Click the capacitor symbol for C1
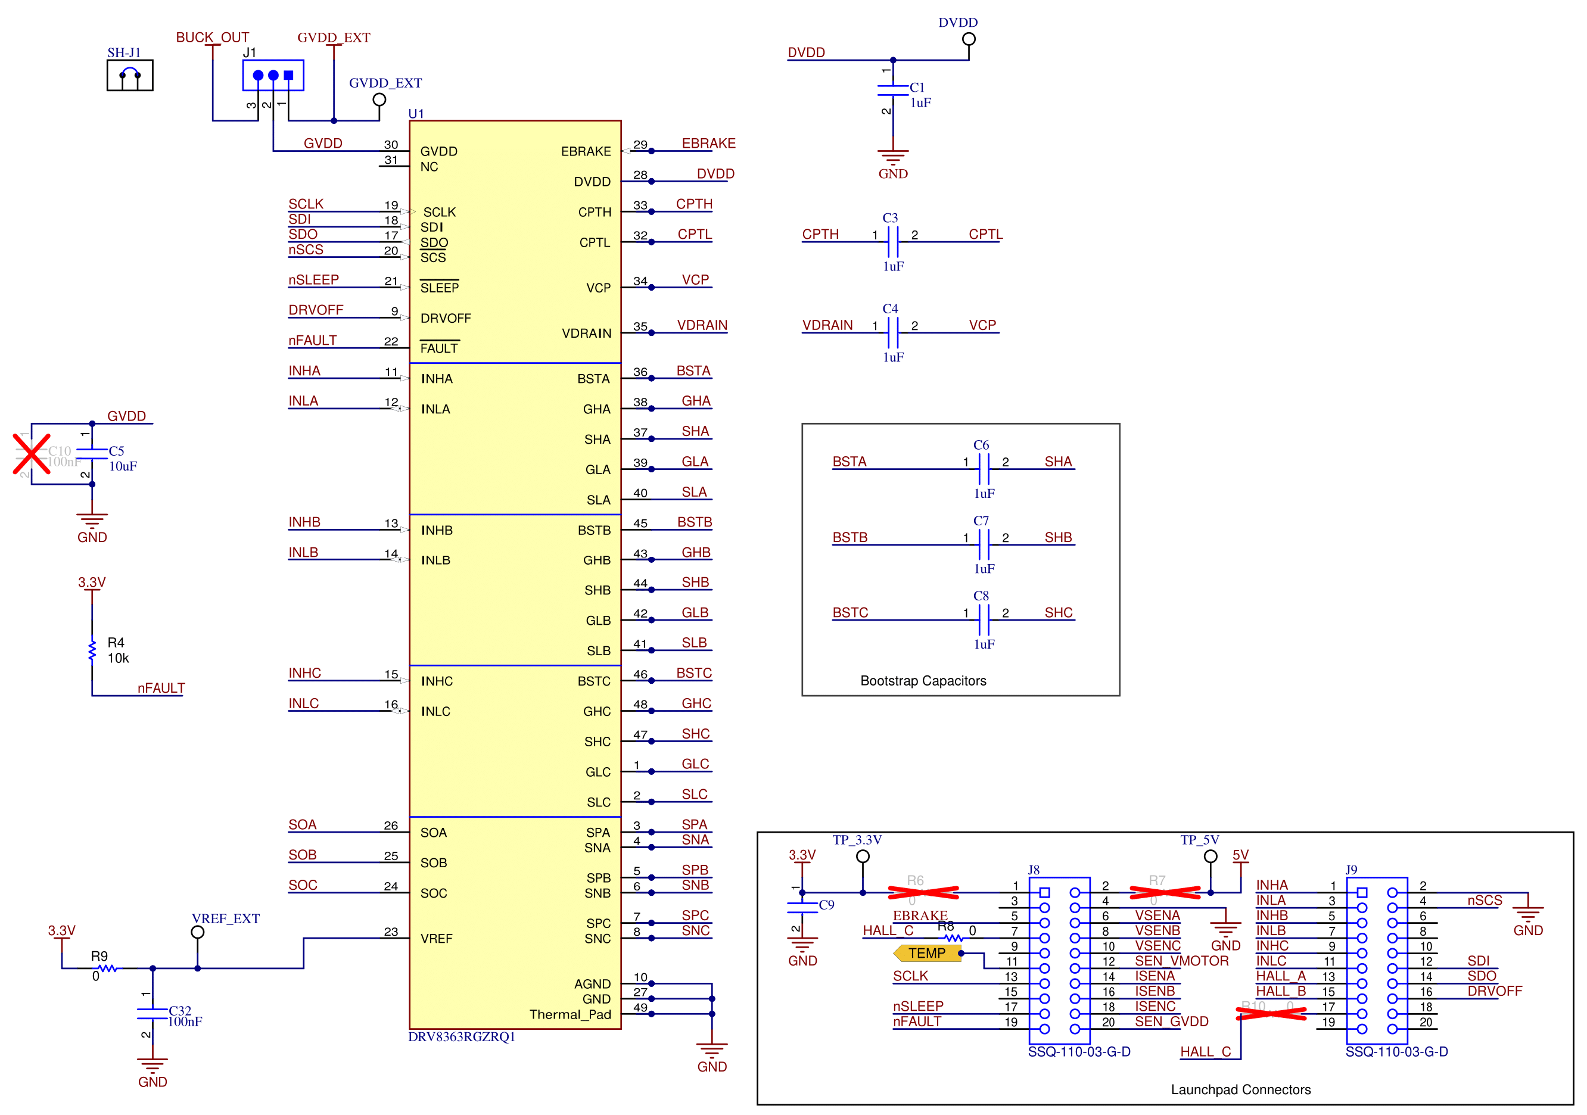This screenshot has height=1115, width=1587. click(892, 91)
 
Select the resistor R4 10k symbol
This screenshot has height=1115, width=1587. click(92, 650)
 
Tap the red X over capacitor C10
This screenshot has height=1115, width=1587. click(32, 454)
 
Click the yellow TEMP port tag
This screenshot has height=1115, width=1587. click(926, 953)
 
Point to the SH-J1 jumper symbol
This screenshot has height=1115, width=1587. click(129, 76)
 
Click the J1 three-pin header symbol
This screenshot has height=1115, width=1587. click(273, 76)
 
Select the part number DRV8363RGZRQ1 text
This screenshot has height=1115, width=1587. click(461, 1036)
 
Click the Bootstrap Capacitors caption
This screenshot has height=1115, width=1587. click(923, 680)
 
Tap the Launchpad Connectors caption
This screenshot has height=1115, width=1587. click(1240, 1089)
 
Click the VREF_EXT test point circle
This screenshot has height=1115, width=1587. click(198, 932)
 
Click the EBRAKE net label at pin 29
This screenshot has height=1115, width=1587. click(708, 143)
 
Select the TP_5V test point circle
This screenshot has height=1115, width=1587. click(1211, 856)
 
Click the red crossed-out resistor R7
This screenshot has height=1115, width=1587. click(1165, 892)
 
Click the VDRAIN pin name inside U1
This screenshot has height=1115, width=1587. click(586, 333)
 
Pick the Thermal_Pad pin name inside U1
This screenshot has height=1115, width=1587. click(570, 1014)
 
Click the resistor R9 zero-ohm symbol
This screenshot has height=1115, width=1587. click(108, 968)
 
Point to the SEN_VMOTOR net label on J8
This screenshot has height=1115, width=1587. click(1181, 960)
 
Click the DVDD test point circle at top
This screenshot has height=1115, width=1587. click(969, 39)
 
